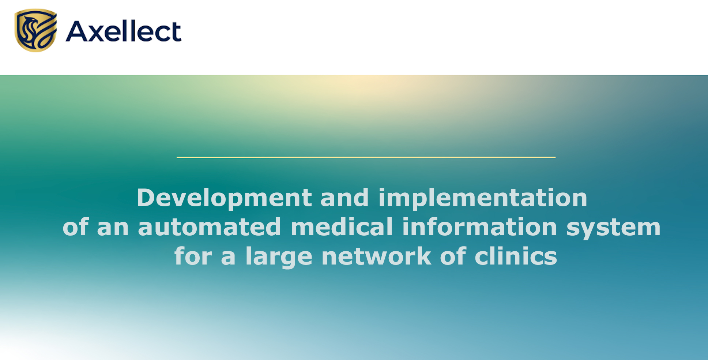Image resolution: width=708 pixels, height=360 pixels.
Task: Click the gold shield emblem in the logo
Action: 36,30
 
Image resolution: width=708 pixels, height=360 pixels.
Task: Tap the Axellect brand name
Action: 124,31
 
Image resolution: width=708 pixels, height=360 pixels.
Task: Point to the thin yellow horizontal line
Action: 366,157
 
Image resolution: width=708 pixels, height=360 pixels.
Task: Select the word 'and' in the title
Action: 344,198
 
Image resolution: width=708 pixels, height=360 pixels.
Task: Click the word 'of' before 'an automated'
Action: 76,227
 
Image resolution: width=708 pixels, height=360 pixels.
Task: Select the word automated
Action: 210,227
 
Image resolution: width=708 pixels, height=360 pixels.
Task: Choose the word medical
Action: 342,227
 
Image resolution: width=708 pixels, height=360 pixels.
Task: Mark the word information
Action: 480,227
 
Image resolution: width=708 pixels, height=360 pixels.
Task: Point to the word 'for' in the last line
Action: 193,256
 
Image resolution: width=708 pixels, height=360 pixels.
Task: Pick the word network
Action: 376,256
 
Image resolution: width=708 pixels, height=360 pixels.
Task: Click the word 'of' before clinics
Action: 453,256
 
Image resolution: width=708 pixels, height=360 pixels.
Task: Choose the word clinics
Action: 516,256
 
